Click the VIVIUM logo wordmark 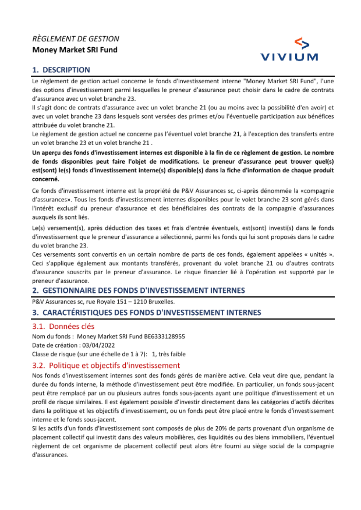tap(289, 57)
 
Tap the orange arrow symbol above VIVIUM tap(302, 43)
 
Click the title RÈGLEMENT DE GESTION tap(75, 39)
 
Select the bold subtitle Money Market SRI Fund tap(75, 50)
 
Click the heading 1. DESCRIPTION tap(61, 70)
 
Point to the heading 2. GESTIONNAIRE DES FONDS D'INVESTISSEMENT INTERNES tap(138, 291)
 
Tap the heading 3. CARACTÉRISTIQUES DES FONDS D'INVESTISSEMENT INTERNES tap(146, 313)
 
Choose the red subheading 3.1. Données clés tap(63, 326)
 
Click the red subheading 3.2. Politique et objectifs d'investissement tap(106, 365)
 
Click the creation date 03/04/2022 tap(98, 345)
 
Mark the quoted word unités tap(318, 254)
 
